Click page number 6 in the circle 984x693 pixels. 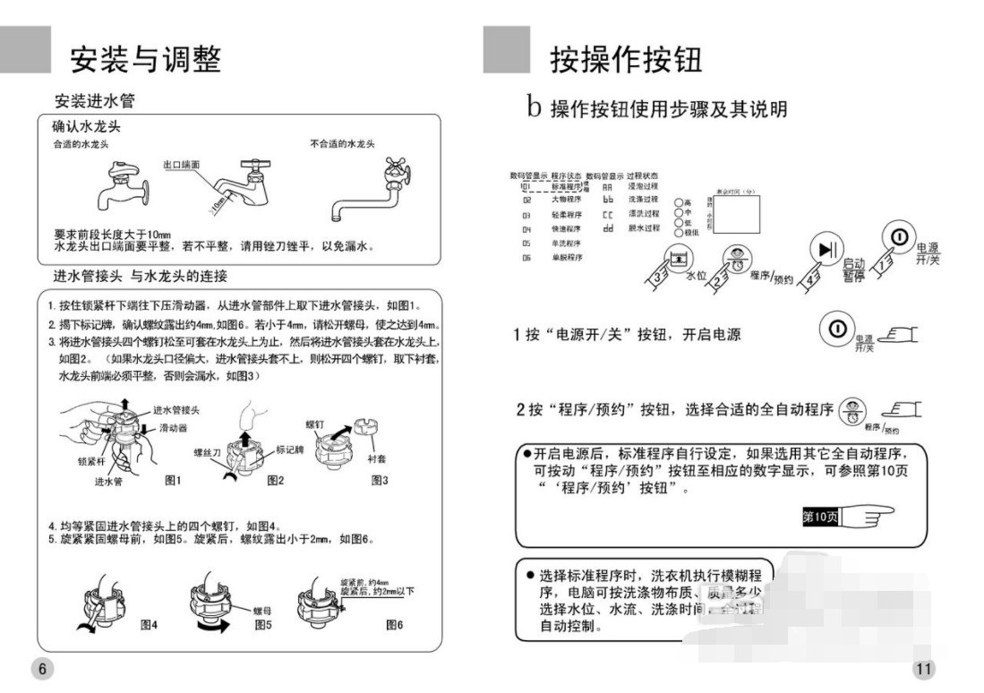[x=42, y=669]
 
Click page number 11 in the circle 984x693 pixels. [x=924, y=669]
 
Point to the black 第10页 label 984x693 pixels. [x=820, y=517]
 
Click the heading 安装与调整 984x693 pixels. [x=145, y=59]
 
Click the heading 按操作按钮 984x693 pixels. [x=626, y=59]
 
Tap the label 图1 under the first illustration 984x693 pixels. [x=173, y=481]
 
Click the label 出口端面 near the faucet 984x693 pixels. [x=182, y=166]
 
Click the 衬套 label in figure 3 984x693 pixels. [x=377, y=458]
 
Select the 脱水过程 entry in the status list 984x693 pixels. [x=643, y=228]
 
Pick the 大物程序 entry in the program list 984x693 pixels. [x=566, y=201]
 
